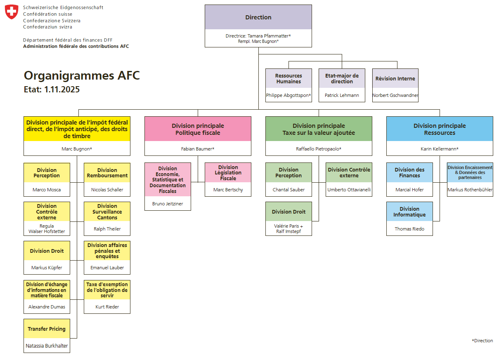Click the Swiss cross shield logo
[x=12, y=12]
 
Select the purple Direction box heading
[x=258, y=17]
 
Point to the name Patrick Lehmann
[x=342, y=95]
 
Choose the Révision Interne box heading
[x=395, y=78]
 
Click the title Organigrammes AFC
[x=82, y=75]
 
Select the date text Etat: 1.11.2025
[x=52, y=89]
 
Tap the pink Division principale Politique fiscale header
[x=198, y=129]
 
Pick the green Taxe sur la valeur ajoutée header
[x=319, y=129]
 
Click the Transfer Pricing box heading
[x=47, y=329]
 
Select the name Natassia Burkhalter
[x=47, y=346]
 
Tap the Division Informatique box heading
[x=409, y=212]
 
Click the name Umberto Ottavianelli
[x=349, y=190]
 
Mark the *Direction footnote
[x=482, y=341]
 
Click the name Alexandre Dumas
[x=47, y=307]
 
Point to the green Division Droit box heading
[x=289, y=212]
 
